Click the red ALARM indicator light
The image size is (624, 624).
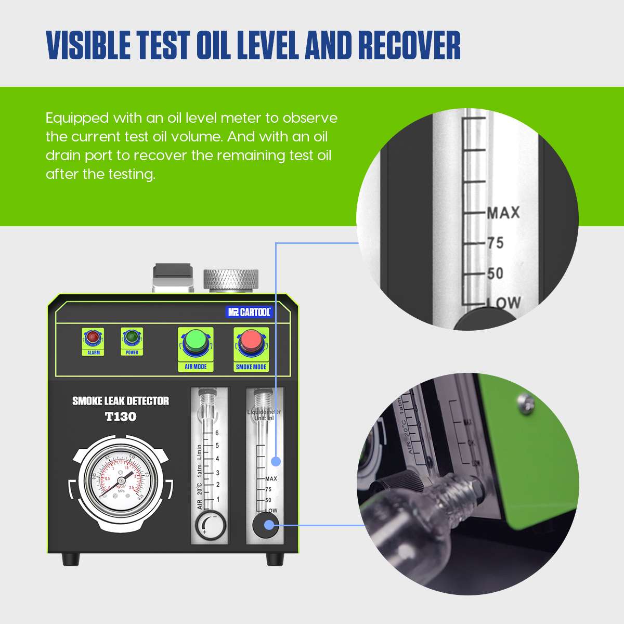(x=93, y=337)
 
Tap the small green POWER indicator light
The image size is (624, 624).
(x=132, y=337)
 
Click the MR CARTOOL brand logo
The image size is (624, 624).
(x=250, y=312)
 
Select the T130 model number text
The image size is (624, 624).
(x=120, y=417)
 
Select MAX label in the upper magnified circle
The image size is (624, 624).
(x=503, y=212)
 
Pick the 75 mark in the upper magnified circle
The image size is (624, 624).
(x=495, y=243)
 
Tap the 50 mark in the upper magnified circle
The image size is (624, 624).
(x=495, y=273)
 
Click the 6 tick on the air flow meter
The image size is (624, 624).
(x=217, y=433)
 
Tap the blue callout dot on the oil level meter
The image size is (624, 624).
(x=276, y=461)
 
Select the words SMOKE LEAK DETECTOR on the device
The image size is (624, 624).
(x=120, y=401)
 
